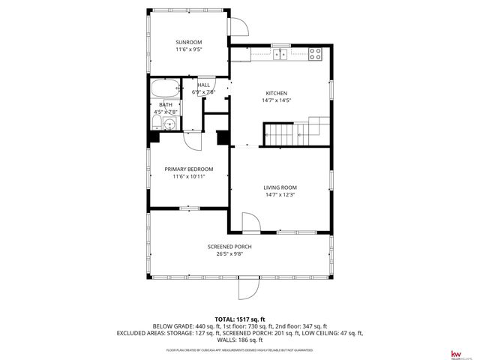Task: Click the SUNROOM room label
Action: coord(188,42)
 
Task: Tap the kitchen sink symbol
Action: coord(281,54)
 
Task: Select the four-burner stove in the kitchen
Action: coord(316,54)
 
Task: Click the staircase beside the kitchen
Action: coord(295,133)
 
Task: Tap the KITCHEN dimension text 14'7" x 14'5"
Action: coord(275,100)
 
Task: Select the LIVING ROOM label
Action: coord(280,187)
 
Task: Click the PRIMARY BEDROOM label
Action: coord(189,169)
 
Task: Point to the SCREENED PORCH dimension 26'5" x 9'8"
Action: coord(229,253)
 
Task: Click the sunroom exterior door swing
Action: coord(239,27)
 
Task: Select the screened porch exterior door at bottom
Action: coord(248,289)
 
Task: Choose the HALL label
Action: coord(203,85)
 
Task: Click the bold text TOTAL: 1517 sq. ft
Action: coord(239,319)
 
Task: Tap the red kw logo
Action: coord(454,352)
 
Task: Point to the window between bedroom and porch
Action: coord(189,208)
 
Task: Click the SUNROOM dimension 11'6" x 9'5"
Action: coord(188,49)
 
